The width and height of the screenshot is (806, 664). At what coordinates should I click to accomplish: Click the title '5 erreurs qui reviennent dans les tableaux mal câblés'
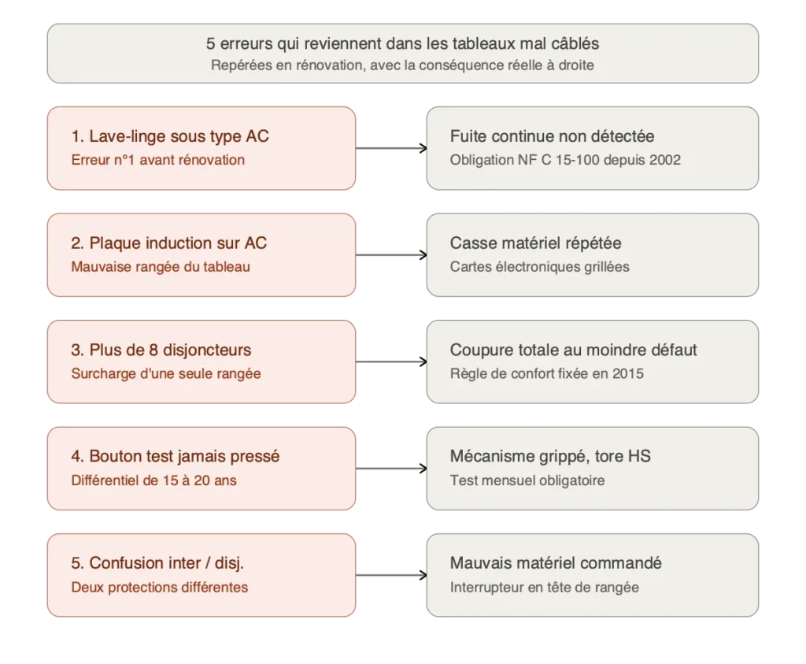pyautogui.click(x=402, y=43)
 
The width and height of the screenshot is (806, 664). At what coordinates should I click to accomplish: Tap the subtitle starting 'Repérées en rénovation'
pyautogui.click(x=402, y=65)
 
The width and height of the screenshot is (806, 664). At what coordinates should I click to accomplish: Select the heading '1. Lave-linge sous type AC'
pyautogui.click(x=170, y=136)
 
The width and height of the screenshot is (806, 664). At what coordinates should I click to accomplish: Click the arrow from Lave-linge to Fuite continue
pyautogui.click(x=391, y=148)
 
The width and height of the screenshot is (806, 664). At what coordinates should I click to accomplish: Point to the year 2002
pyautogui.click(x=664, y=160)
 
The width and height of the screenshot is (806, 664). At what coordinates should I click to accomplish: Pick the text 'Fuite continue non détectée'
pyautogui.click(x=552, y=136)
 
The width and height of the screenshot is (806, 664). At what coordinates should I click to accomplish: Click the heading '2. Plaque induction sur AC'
pyautogui.click(x=169, y=243)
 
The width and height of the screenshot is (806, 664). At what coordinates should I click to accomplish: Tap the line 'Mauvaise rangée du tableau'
pyautogui.click(x=161, y=267)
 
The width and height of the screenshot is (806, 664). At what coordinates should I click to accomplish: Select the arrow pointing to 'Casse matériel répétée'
pyautogui.click(x=391, y=255)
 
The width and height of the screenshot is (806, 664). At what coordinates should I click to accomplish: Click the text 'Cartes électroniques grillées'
pyautogui.click(x=540, y=267)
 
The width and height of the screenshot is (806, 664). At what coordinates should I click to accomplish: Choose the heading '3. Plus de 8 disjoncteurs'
pyautogui.click(x=161, y=350)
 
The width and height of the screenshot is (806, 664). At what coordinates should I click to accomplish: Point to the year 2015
pyautogui.click(x=627, y=373)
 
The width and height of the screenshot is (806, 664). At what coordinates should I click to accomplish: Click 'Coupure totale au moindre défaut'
pyautogui.click(x=573, y=350)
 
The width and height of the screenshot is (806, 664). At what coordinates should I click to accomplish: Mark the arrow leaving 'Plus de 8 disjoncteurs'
pyautogui.click(x=391, y=362)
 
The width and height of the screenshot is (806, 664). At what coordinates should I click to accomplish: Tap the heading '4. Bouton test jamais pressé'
pyautogui.click(x=176, y=456)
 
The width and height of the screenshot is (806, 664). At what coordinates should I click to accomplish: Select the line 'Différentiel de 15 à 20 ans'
pyautogui.click(x=153, y=480)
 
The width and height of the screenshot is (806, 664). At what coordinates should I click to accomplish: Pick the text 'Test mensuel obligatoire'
pyautogui.click(x=527, y=480)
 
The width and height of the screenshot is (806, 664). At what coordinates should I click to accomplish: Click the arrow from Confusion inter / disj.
pyautogui.click(x=391, y=575)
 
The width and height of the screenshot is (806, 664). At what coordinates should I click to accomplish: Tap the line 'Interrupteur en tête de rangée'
pyautogui.click(x=545, y=588)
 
